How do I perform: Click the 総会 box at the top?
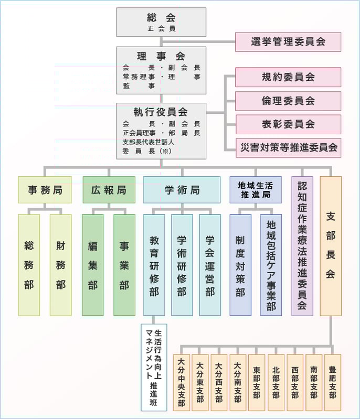[161, 22]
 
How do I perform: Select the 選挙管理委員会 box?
[288, 42]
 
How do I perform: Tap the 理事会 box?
[161, 70]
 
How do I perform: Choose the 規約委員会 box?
[288, 77]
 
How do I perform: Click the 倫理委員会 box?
[288, 101]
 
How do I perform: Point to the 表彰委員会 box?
[288, 124]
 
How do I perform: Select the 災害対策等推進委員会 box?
[288, 147]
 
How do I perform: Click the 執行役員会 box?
[161, 131]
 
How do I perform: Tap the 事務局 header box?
[45, 190]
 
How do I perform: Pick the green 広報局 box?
[109, 190]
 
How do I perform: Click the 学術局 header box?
[182, 190]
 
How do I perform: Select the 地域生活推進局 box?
[255, 190]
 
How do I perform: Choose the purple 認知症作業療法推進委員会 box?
[302, 246]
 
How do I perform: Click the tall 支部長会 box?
[331, 246]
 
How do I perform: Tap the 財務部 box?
[61, 265]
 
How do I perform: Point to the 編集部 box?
[93, 265]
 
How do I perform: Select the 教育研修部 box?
[154, 265]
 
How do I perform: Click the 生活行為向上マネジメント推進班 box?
[154, 368]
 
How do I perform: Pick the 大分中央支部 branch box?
[181, 382]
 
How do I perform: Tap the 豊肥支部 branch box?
[332, 382]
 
